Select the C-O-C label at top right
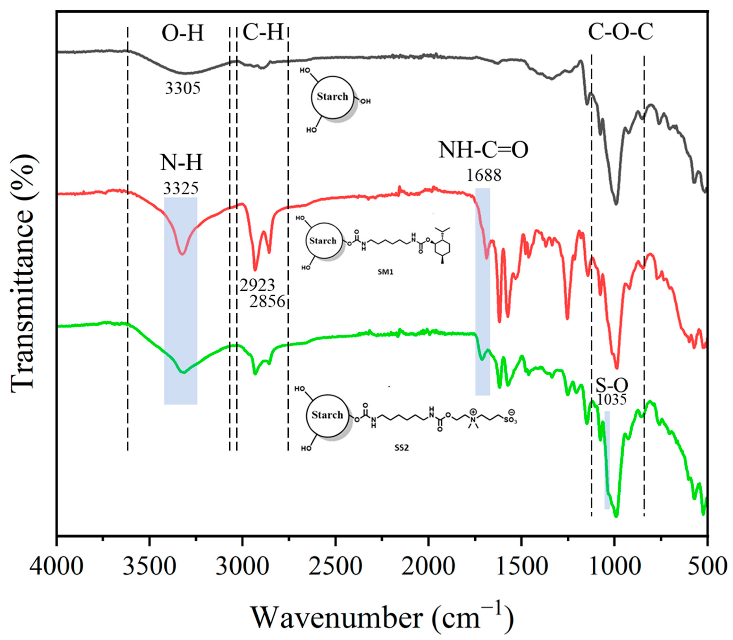(x=620, y=32)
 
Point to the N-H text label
(x=181, y=163)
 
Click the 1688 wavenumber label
(x=484, y=175)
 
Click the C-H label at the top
(x=263, y=33)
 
